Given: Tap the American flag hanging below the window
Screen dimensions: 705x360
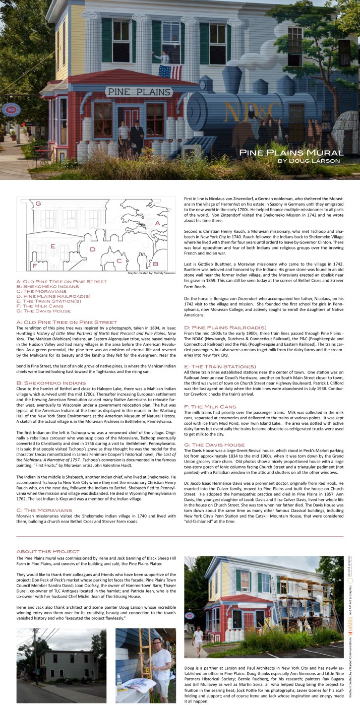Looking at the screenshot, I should [170, 72].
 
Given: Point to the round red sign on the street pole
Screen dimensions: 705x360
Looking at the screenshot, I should [10, 109].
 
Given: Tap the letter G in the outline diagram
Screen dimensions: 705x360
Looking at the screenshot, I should [37, 204].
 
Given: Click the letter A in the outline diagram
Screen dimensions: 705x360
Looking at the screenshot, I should [157, 223].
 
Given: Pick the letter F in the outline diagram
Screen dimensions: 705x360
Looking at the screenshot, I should [34, 265].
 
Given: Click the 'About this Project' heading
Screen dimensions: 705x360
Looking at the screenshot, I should [48, 551].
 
